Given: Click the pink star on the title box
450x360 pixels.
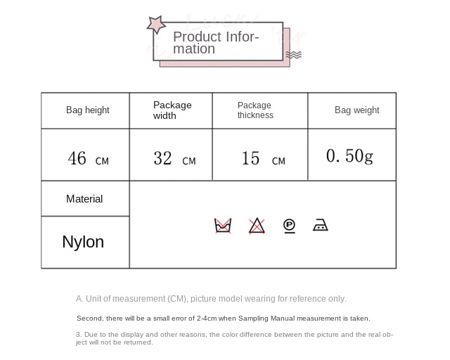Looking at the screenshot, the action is coord(156,25).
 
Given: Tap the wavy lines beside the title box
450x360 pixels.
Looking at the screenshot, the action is coord(294,55).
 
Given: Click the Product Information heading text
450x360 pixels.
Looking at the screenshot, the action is coord(216,42).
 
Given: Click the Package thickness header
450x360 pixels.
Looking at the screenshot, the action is coord(255,110).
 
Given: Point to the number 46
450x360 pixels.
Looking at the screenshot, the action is coord(77,158).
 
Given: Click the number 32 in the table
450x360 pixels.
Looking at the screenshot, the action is coord(162,158).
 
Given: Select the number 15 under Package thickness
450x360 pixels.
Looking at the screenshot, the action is coord(250,158).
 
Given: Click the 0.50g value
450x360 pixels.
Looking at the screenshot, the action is coord(349,157).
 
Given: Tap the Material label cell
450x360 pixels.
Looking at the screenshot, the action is coord(84,199).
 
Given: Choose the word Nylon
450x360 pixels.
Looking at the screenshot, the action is coord(83,242).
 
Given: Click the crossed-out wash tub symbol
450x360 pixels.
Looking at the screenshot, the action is coord(223,226).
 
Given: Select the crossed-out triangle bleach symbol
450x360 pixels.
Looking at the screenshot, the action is coord(257,226).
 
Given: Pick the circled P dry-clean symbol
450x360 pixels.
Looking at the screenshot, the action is coord(289,226).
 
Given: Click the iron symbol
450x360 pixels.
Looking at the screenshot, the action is coord(321,225).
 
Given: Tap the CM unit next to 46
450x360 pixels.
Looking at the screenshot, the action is coord(102,161).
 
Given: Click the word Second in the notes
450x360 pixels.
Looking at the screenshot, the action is coord(89,319).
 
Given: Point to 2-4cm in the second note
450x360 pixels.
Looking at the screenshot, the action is coord(207,319).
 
